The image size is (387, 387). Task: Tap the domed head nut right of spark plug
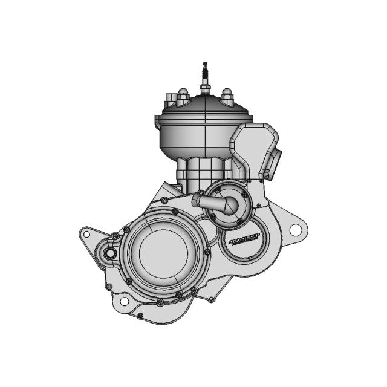[227, 94]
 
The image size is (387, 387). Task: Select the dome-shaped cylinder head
[203, 130]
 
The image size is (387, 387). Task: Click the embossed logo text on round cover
[245, 240]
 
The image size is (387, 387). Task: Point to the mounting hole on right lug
[295, 230]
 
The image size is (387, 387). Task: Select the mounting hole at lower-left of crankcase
[124, 301]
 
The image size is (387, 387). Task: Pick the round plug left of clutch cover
[109, 253]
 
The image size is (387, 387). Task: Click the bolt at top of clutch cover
[175, 212]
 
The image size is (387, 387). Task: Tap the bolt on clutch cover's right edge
[207, 252]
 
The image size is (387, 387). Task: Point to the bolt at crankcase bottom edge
[140, 315]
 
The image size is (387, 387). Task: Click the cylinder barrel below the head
[203, 172]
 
